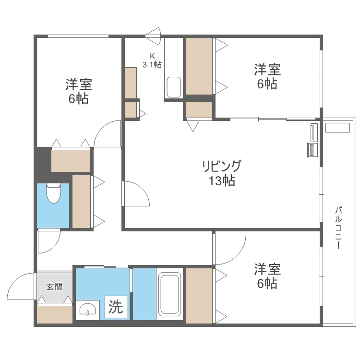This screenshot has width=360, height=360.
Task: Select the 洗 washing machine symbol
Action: [x=115, y=306]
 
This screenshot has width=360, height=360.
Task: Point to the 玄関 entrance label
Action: [x=54, y=287]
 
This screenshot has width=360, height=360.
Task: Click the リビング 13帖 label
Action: [x=221, y=173]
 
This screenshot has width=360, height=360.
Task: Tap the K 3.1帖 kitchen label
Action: [x=151, y=60]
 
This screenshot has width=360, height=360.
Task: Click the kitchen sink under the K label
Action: [x=173, y=87]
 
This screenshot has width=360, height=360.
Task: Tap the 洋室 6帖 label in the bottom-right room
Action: [x=267, y=276]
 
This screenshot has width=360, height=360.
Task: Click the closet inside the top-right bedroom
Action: [x=199, y=66]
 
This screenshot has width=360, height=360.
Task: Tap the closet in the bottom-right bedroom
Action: [x=199, y=295]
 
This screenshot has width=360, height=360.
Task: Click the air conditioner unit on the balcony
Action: [x=338, y=128]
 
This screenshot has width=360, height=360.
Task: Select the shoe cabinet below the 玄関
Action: [x=54, y=314]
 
